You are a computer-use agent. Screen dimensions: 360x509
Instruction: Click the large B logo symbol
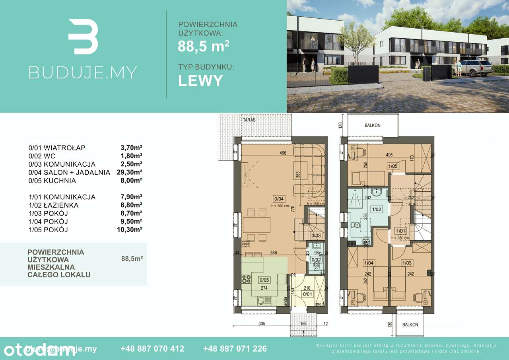click(x=83, y=37)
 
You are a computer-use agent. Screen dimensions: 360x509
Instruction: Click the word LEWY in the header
click(x=200, y=80)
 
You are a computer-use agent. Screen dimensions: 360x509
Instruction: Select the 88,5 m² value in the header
click(x=203, y=47)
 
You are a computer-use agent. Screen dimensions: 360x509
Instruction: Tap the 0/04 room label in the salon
click(x=278, y=198)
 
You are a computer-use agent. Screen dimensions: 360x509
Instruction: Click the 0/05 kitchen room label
click(x=264, y=280)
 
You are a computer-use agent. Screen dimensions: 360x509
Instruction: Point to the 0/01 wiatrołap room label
click(x=307, y=294)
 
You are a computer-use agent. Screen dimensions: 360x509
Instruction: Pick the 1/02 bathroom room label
click(x=375, y=209)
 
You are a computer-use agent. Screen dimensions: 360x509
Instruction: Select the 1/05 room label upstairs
click(x=392, y=167)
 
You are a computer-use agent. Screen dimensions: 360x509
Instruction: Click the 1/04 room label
click(x=368, y=263)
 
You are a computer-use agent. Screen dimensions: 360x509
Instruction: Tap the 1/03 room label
click(x=407, y=263)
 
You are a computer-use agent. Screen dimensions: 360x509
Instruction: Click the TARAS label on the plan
click(x=250, y=119)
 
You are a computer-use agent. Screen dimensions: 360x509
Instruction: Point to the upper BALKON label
click(x=372, y=125)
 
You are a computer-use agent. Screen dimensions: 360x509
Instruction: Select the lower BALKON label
click(x=410, y=325)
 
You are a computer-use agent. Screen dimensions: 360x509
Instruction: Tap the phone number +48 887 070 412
click(x=152, y=349)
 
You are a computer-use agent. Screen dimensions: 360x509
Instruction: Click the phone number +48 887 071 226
click(x=235, y=349)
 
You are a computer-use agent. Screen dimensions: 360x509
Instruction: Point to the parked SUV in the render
click(x=472, y=68)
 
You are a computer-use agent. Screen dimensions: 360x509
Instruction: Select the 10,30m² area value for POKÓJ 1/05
click(x=131, y=230)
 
